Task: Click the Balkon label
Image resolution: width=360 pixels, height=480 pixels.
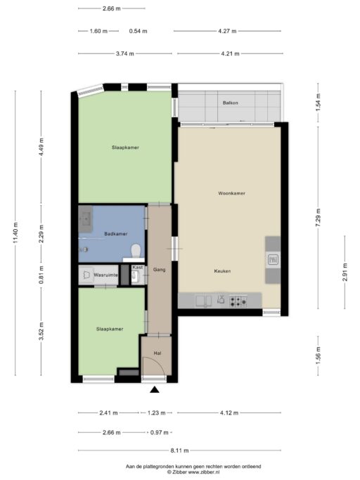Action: coord(230,103)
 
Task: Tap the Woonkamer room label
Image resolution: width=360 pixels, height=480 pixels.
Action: coord(231,193)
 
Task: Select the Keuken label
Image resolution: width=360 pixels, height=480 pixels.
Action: coord(222,271)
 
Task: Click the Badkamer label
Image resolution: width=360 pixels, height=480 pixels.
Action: coord(116,233)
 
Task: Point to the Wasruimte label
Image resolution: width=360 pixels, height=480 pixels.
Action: coord(105,275)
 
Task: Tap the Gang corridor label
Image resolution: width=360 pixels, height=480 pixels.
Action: coord(160,269)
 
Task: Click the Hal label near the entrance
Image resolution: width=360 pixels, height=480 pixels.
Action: coord(157,353)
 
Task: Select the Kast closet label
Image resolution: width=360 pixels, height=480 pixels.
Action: coord(138,267)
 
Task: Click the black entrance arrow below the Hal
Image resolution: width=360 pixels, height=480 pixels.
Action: coord(155,389)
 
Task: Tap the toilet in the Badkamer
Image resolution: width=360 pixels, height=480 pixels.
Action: coord(136,251)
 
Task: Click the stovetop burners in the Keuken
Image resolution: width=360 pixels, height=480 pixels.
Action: coord(238,301)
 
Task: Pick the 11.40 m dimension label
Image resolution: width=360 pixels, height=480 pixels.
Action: coord(16,233)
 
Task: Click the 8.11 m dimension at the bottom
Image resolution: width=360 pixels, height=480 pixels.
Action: coord(179,450)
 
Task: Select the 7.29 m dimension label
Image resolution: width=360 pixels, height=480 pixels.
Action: coord(318,218)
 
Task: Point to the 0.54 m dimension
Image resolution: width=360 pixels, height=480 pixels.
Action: coord(139,31)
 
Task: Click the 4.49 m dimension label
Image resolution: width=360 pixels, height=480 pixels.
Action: coord(41,147)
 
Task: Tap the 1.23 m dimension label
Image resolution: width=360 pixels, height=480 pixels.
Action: coord(157,413)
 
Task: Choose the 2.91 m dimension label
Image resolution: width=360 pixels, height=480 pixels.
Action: coord(345,272)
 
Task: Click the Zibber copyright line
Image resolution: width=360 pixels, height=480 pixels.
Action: coord(193,472)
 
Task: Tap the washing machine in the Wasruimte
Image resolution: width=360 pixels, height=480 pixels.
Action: coord(86,275)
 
